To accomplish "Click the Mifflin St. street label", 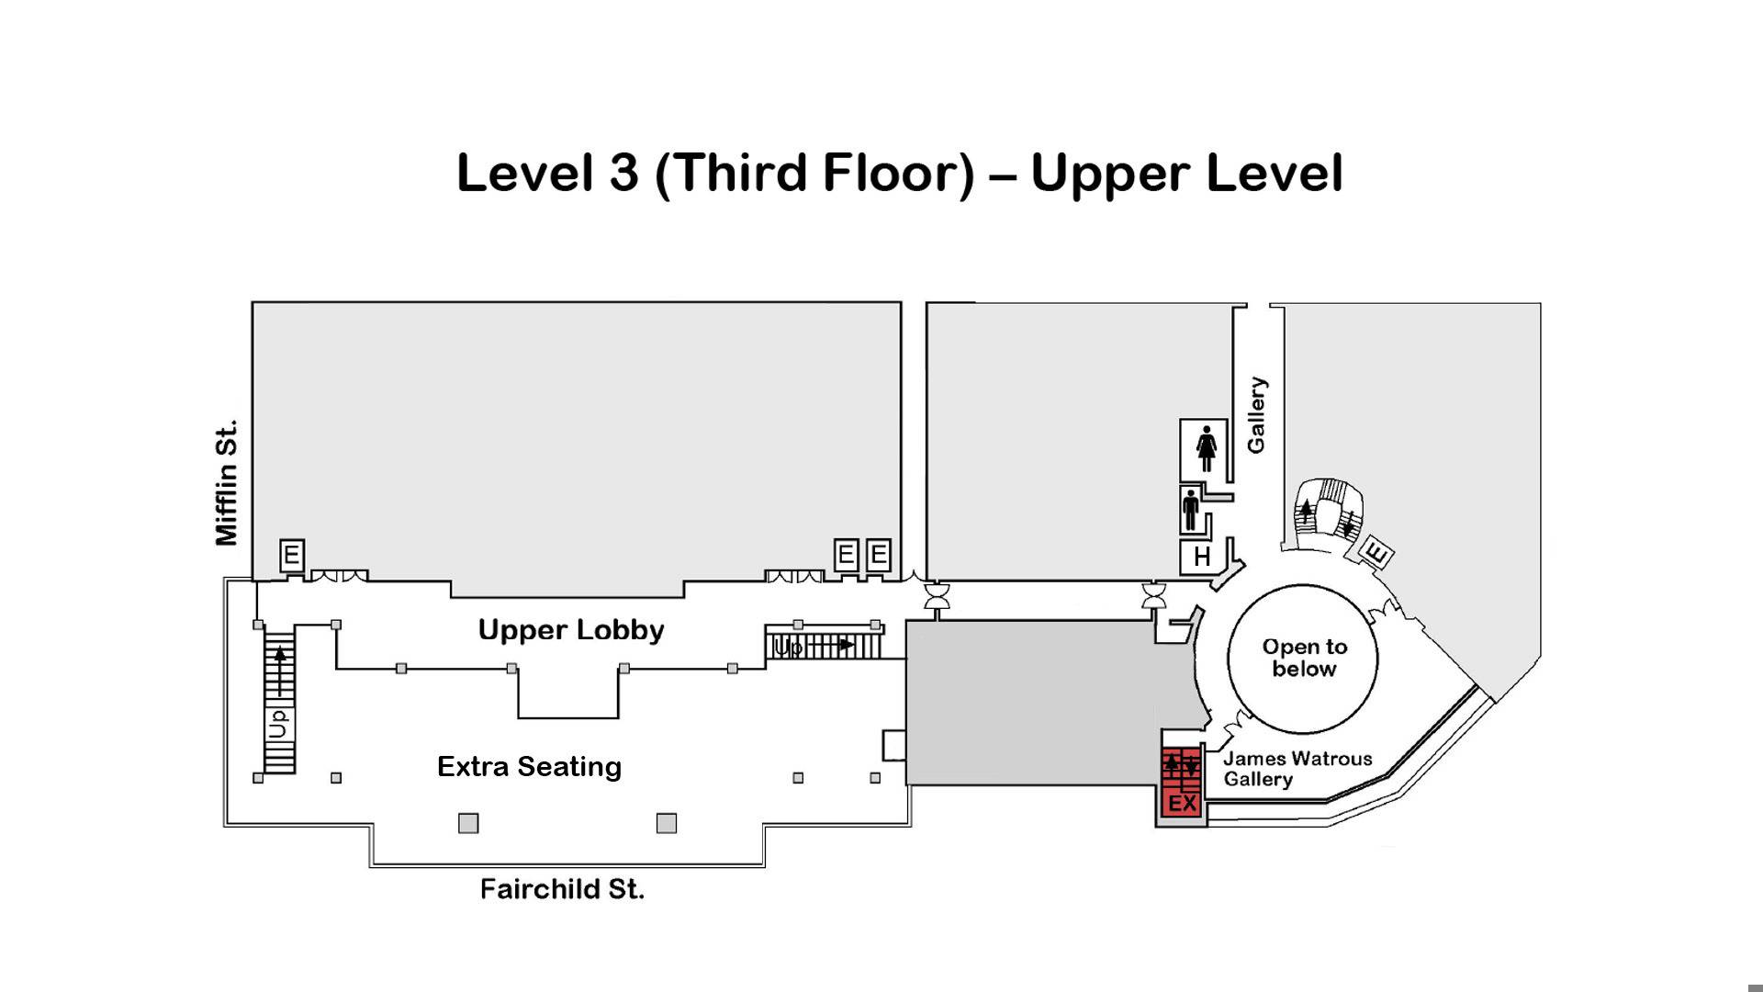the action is point(226,482).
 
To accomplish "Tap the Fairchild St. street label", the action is point(562,889).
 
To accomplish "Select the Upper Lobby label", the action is point(571,631).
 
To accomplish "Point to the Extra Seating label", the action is point(529,767).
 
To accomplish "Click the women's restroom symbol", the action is point(1207,448).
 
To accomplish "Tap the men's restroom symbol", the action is point(1191,511).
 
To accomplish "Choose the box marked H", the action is point(1202,557).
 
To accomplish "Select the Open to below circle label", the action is point(1304,658).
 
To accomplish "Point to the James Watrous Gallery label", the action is point(1297,769).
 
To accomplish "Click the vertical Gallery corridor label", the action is point(1256,414).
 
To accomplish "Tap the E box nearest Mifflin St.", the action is point(291,556).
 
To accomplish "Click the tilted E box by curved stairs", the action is point(1376,553).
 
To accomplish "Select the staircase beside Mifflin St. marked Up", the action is point(279,699).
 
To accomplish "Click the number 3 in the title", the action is point(623,173).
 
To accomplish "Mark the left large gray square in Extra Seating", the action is point(468,823).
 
